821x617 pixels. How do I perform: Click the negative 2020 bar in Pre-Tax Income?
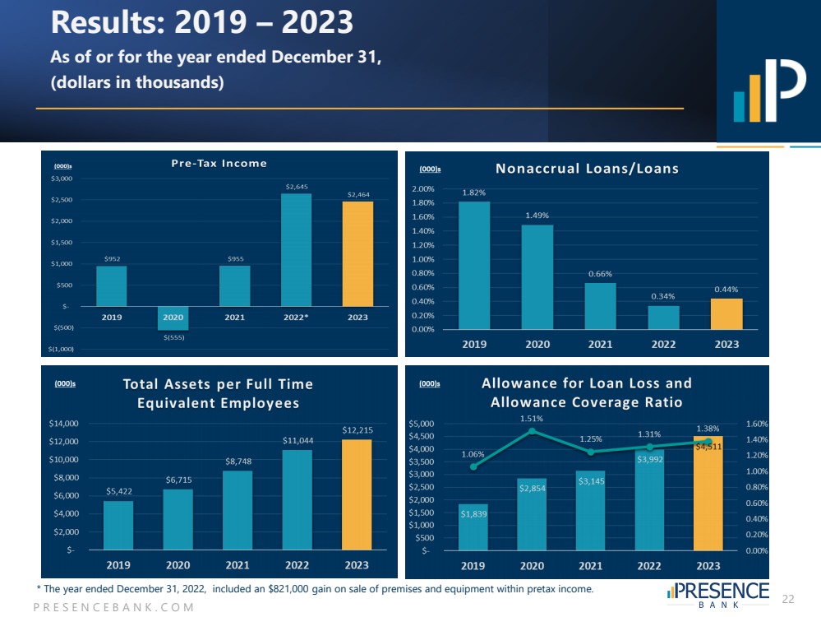click(x=173, y=318)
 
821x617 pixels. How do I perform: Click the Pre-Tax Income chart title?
click(x=219, y=163)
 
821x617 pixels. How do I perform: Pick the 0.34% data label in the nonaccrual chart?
click(x=664, y=296)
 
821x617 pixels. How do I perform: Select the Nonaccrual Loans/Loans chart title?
click(x=587, y=169)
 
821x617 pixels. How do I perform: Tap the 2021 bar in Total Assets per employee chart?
click(x=238, y=510)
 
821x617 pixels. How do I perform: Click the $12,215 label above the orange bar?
click(x=357, y=429)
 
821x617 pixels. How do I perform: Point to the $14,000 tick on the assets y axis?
click(x=63, y=424)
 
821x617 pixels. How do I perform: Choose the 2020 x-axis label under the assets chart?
click(x=178, y=565)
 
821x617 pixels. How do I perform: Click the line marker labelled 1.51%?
click(x=532, y=430)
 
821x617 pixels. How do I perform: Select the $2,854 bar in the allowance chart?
click(x=532, y=514)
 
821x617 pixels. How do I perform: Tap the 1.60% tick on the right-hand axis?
click(x=755, y=424)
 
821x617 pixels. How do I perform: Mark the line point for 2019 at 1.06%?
click(x=473, y=466)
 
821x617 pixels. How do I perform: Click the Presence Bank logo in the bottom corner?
click(x=719, y=595)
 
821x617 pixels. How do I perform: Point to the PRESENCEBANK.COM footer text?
click(x=113, y=607)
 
